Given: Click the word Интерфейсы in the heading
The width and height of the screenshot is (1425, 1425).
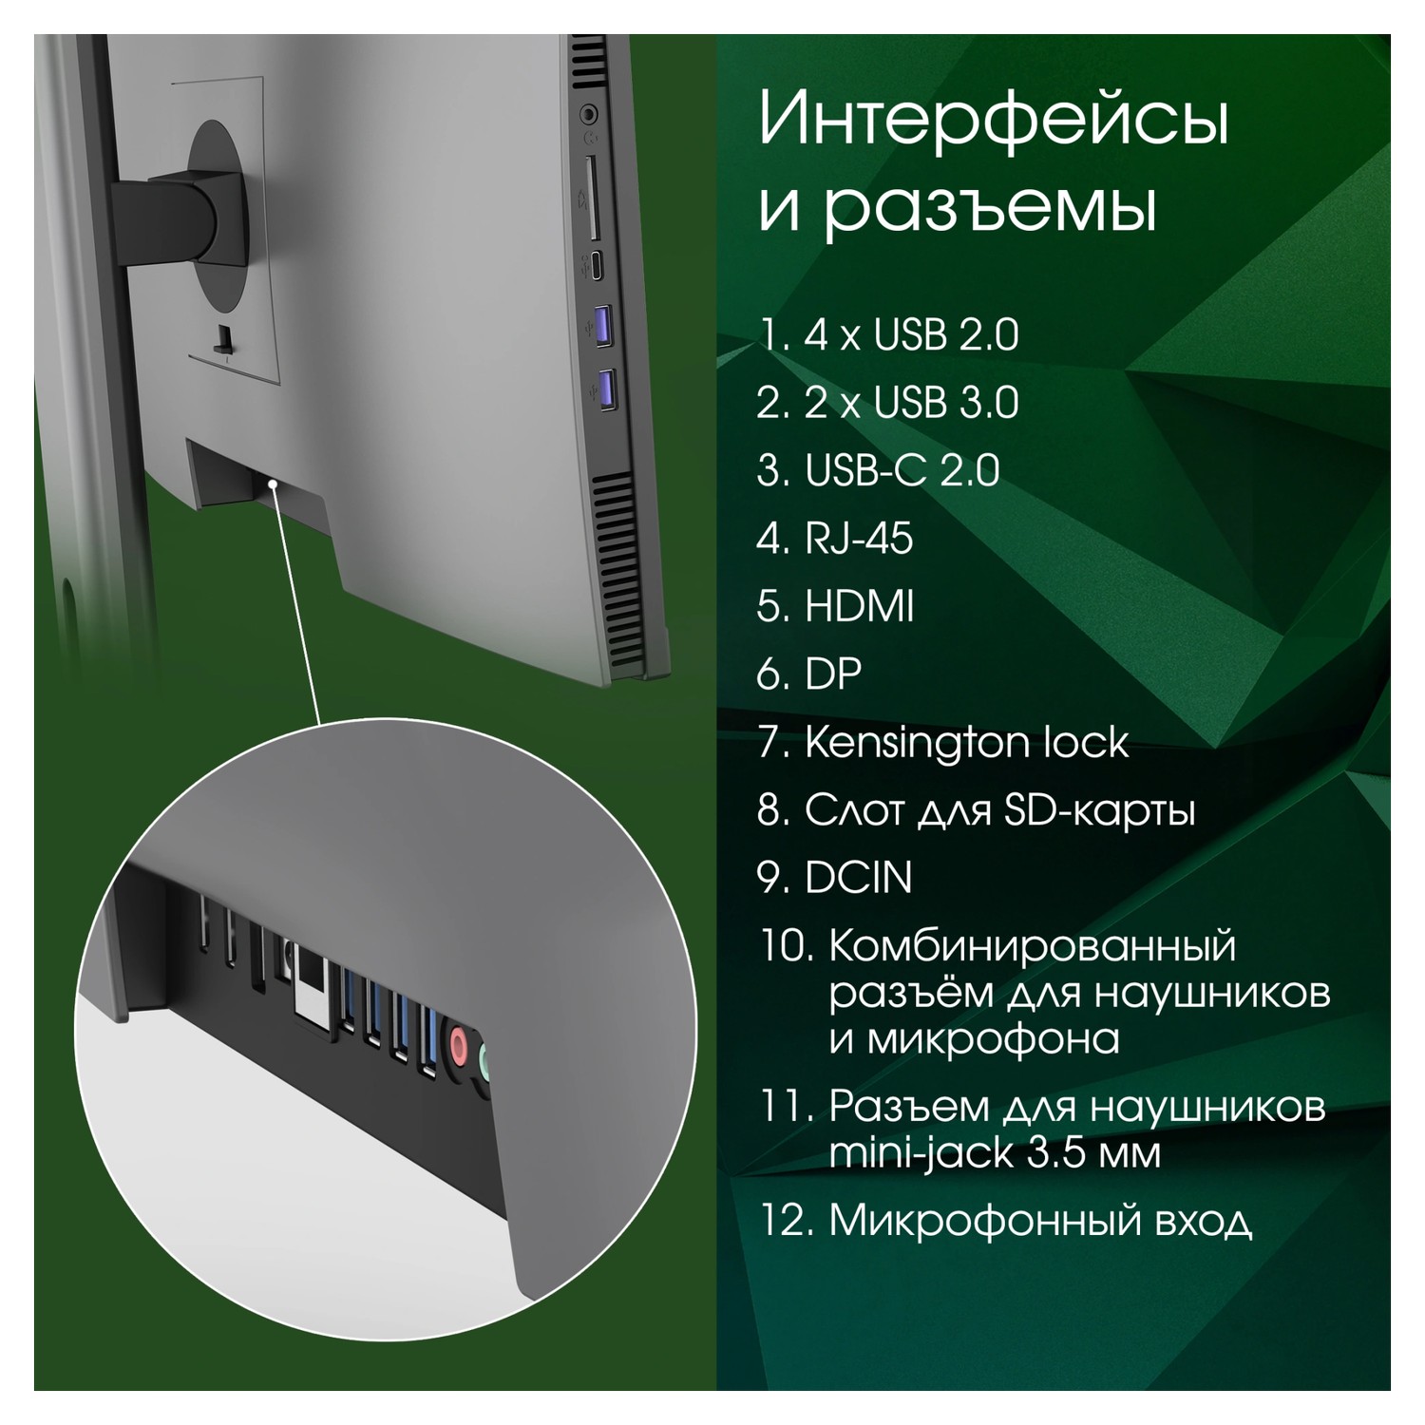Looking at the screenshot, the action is [994, 122].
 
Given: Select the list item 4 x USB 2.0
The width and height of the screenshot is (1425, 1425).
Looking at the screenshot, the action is [889, 335].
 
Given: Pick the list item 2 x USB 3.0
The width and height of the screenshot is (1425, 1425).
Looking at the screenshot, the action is [889, 403].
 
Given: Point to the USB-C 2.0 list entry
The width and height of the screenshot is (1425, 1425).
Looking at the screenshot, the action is [879, 471].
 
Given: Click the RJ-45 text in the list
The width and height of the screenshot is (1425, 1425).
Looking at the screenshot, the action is [836, 539].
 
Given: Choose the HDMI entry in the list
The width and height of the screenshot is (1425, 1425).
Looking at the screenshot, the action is [836, 606].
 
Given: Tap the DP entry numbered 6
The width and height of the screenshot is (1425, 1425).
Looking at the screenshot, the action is [809, 674].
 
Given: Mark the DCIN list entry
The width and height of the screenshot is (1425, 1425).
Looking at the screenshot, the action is [835, 878].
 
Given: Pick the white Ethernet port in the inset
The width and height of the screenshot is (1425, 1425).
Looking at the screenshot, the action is [311, 986].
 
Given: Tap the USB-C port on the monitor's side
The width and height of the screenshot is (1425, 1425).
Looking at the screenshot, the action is [596, 266].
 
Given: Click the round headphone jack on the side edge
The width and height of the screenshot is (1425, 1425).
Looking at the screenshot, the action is [589, 115].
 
